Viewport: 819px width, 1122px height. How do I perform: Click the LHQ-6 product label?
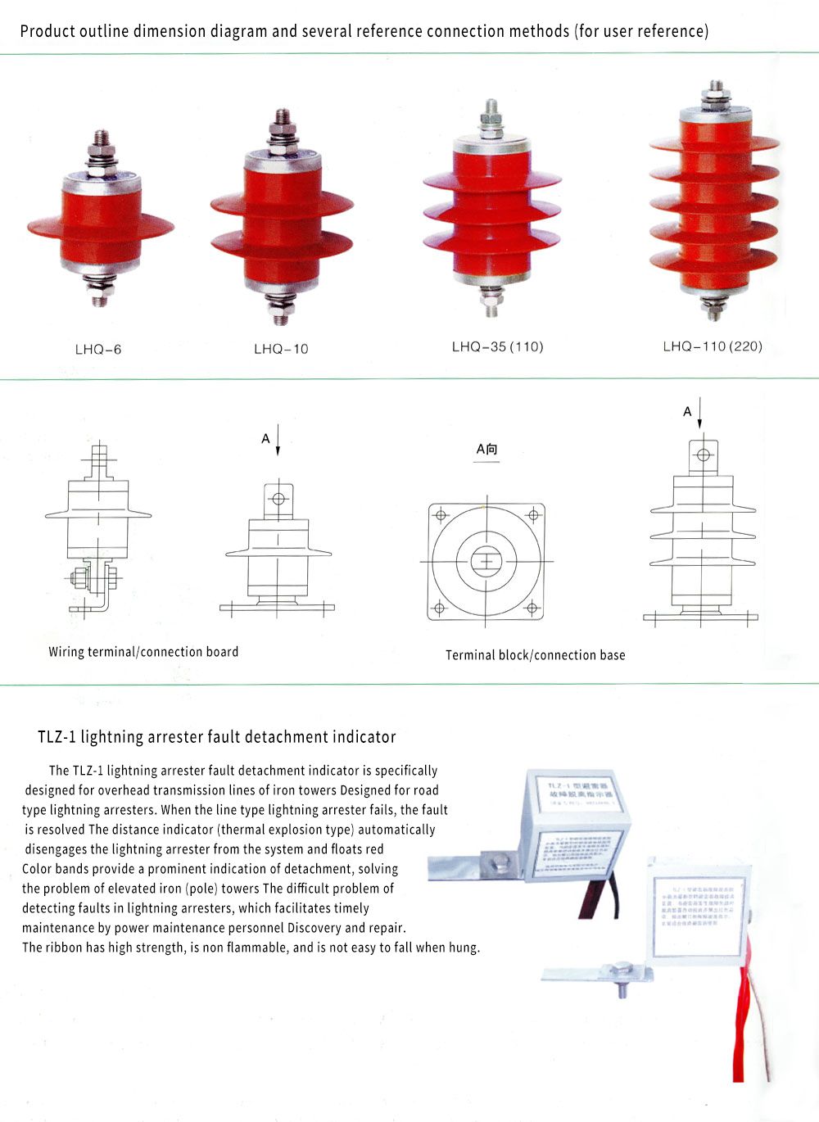[98, 350]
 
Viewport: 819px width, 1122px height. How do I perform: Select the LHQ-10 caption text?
[281, 349]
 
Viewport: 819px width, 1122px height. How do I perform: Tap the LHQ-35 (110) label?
[497, 346]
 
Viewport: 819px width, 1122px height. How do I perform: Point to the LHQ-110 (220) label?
[712, 346]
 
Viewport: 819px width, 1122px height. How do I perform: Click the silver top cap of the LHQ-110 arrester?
[715, 114]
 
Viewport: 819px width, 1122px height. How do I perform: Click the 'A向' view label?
[486, 450]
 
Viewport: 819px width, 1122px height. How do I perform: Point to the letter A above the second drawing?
[265, 439]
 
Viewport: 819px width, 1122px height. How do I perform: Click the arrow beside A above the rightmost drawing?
[700, 414]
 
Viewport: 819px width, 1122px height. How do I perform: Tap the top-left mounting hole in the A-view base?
[441, 515]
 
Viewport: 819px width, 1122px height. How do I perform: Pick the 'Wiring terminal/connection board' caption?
[143, 652]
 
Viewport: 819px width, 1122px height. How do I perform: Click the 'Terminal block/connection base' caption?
[535, 655]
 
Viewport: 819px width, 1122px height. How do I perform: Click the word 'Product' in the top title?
[47, 32]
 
